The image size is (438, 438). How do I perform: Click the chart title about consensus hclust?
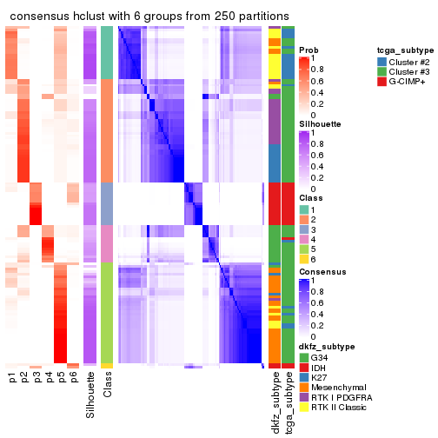pos(149,17)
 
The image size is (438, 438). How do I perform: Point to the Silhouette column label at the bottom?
pos(90,395)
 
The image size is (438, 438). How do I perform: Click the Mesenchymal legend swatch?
pos(304,386)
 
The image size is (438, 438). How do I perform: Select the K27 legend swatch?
pos(304,376)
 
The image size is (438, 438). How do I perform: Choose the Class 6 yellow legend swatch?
pos(304,258)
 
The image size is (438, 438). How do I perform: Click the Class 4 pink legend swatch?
pos(304,239)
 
